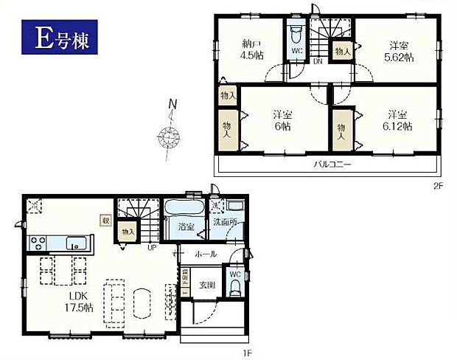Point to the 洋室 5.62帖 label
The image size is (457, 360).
[x=399, y=51]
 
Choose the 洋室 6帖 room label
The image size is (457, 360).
[x=280, y=120]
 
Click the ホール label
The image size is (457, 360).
[x=206, y=254]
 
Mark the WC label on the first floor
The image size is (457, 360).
[x=235, y=274]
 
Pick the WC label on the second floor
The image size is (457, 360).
[x=297, y=51]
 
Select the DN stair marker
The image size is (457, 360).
[x=318, y=61]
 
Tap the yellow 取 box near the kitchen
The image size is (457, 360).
[x=106, y=219]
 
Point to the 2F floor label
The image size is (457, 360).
[x=437, y=186]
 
